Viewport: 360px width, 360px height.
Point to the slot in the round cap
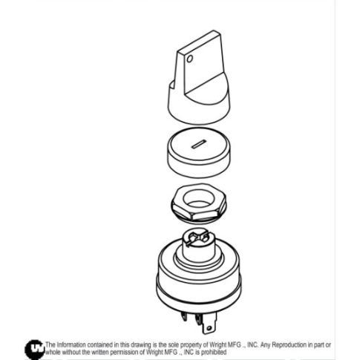197,145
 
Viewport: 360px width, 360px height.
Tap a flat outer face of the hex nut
189,214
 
